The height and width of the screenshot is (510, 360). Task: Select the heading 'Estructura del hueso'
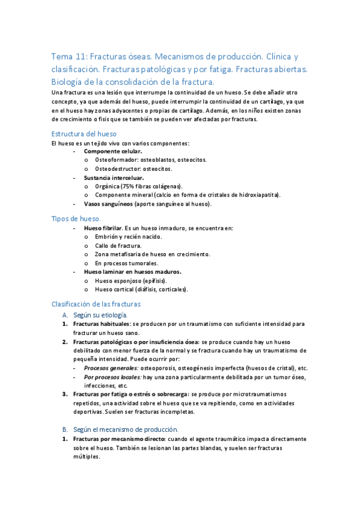click(x=84, y=134)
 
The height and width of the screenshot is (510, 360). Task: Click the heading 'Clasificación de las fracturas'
click(x=96, y=304)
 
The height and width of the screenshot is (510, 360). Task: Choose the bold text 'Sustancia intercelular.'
click(x=114, y=178)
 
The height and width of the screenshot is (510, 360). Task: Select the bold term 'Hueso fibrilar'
click(x=103, y=229)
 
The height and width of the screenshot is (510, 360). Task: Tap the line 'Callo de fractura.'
click(x=118, y=245)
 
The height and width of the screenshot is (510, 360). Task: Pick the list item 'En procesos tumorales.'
click(x=126, y=263)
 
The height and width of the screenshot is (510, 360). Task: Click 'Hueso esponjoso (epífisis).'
click(x=130, y=280)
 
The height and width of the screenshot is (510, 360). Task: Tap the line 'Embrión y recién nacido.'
click(x=128, y=237)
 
